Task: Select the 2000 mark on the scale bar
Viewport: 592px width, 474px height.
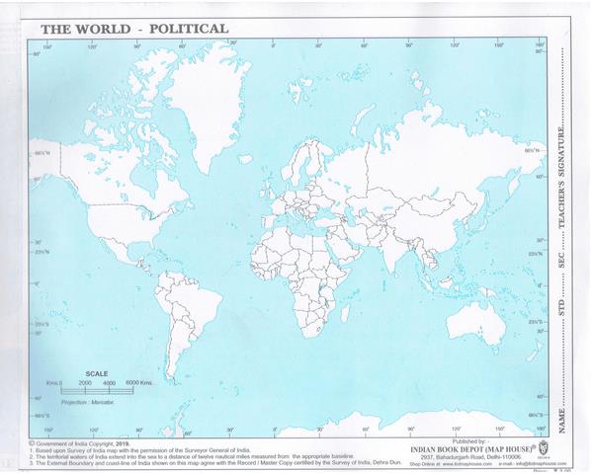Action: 82,382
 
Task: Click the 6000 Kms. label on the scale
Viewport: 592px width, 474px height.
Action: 138,382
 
